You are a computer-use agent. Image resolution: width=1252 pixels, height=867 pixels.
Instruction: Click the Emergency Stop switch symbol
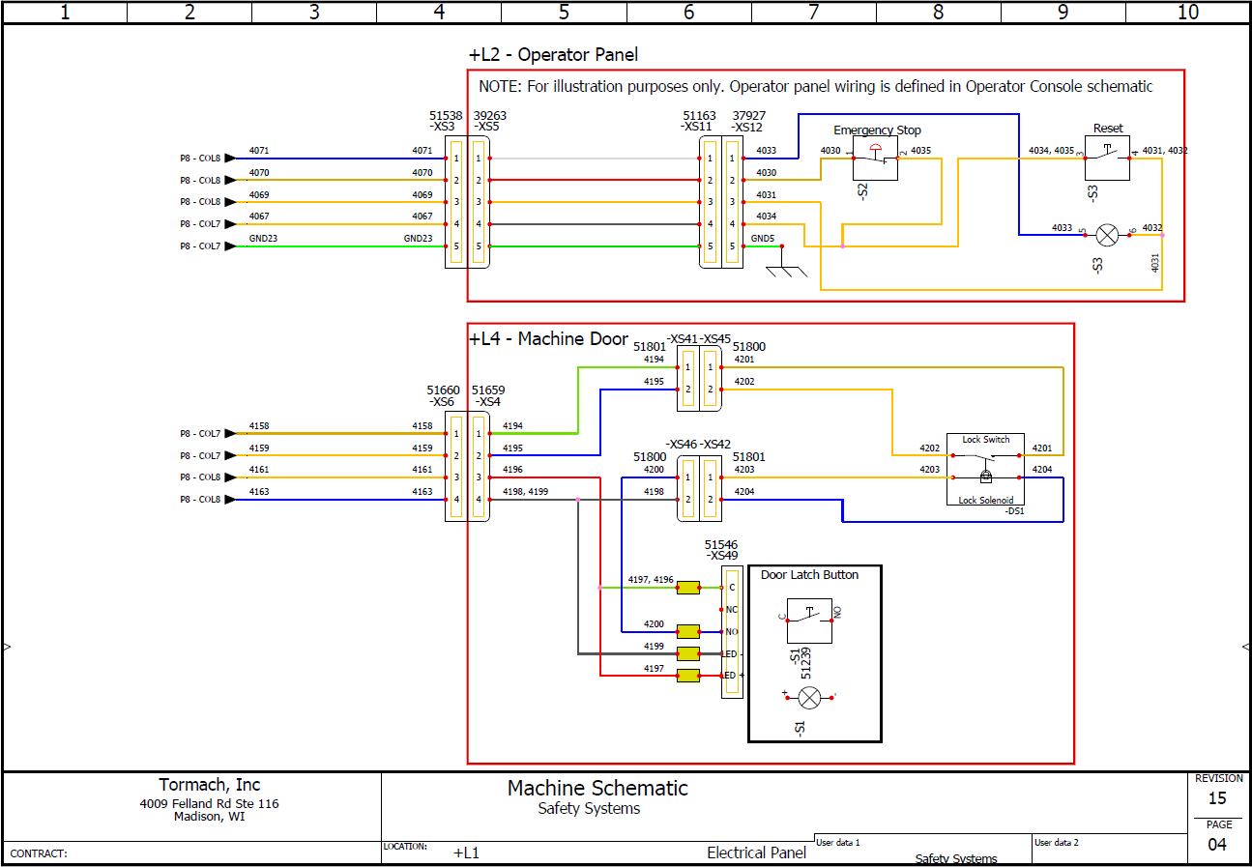point(875,159)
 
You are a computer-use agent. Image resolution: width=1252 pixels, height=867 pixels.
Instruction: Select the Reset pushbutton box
point(1108,158)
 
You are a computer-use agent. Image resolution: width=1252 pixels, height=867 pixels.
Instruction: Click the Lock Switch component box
point(985,469)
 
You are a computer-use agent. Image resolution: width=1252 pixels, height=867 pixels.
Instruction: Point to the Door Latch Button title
point(809,575)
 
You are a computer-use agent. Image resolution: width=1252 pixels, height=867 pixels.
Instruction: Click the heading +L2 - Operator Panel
point(553,55)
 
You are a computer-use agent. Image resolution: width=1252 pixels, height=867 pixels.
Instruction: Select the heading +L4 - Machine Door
point(548,339)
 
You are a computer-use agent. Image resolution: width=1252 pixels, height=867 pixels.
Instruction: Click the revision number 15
point(1217,798)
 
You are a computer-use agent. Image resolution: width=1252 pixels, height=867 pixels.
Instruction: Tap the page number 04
point(1217,845)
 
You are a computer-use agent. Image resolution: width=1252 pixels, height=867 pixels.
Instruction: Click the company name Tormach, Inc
point(210,785)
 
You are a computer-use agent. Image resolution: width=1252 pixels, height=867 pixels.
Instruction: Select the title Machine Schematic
point(597,789)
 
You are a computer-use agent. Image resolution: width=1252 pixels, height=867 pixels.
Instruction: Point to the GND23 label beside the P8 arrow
point(264,238)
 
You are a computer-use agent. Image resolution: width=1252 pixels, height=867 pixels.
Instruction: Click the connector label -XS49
point(721,556)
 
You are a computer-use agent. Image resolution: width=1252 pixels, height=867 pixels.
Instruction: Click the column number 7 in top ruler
point(813,12)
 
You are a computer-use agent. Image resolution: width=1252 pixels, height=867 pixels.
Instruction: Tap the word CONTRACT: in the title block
point(39,854)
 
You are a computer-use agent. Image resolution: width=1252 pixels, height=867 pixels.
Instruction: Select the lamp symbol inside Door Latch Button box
point(809,697)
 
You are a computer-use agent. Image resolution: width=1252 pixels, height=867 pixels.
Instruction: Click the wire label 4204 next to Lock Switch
point(1042,470)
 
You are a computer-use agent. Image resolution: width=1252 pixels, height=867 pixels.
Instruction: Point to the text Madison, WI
point(210,817)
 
